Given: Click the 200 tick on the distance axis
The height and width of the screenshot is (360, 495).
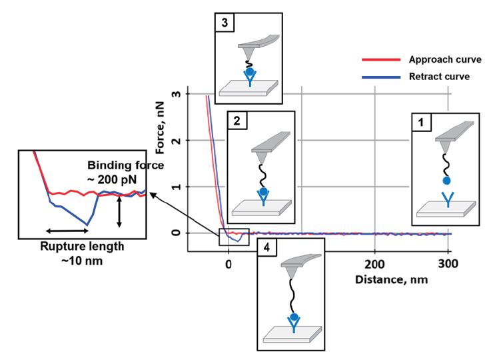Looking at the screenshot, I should [x=374, y=264].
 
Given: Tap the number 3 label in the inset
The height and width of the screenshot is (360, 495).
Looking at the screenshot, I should [x=223, y=21].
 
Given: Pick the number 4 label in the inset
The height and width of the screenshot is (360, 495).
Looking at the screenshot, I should [x=266, y=247].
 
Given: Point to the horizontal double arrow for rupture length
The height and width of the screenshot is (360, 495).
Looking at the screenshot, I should [x=67, y=231].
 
